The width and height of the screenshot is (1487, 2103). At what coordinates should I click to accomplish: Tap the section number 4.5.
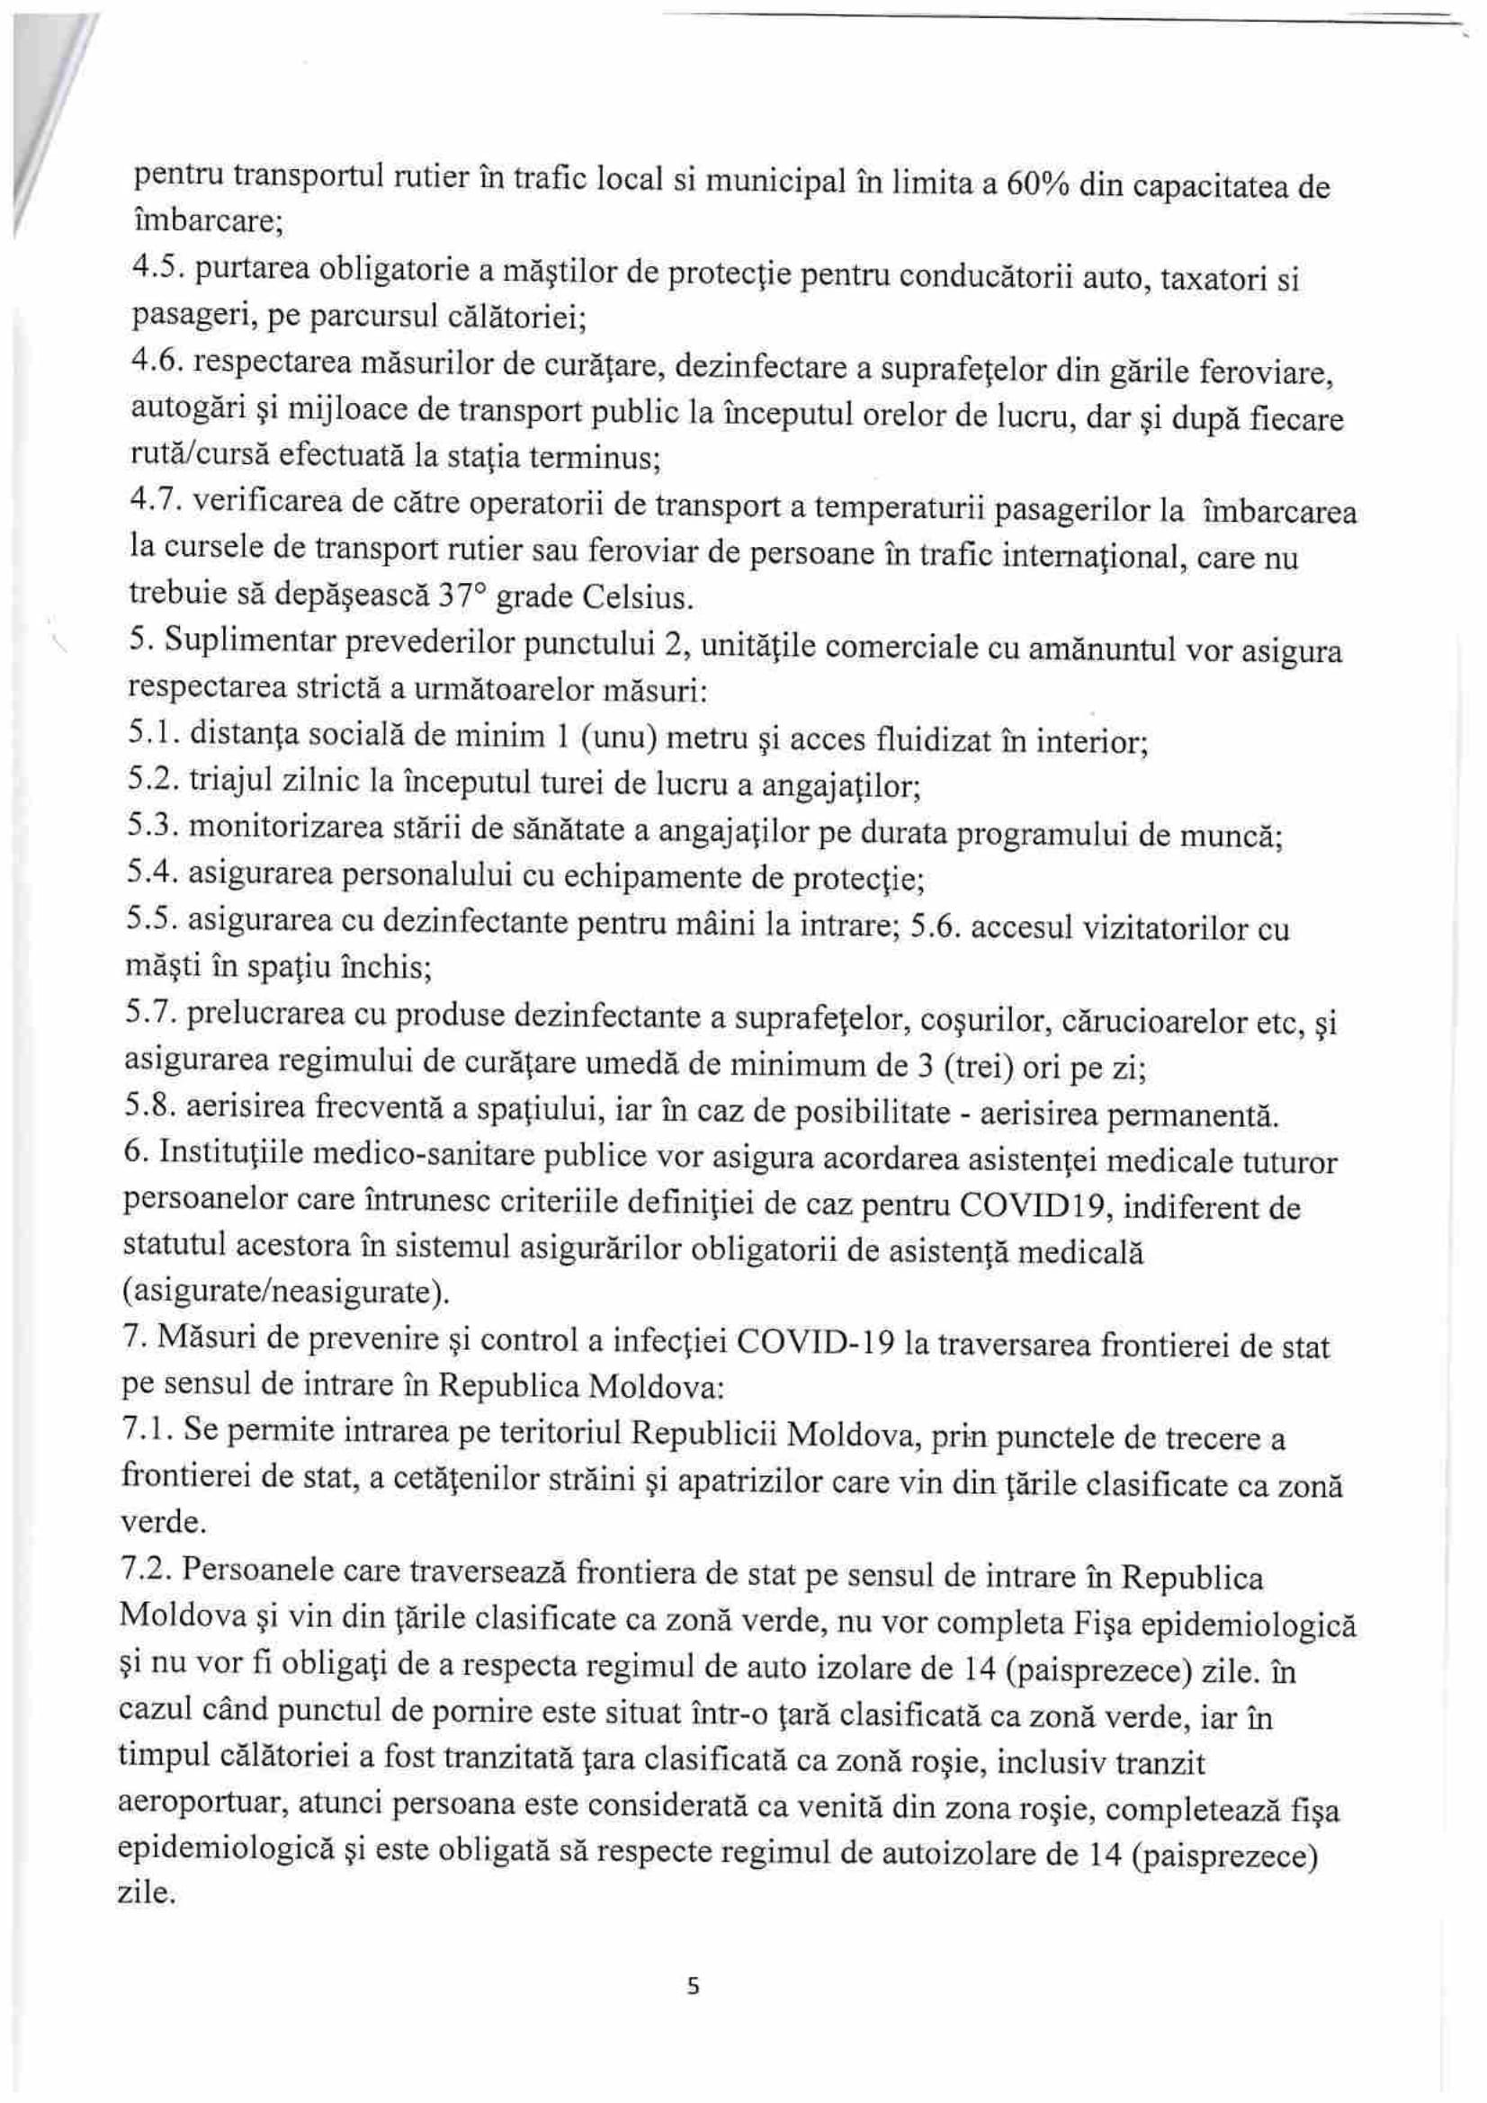(154, 266)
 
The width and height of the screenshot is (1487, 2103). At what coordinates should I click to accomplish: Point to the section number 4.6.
(154, 360)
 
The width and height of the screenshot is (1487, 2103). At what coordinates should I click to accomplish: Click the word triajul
(226, 780)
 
